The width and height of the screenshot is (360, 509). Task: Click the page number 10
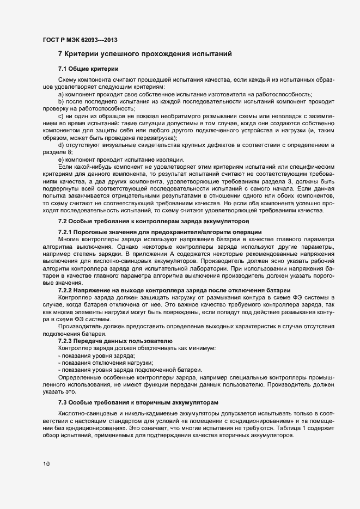[46, 464]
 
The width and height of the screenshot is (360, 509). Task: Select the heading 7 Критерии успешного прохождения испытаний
[145, 54]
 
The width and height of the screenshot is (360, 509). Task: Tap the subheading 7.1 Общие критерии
[85, 69]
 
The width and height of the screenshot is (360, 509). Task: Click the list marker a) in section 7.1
[61, 94]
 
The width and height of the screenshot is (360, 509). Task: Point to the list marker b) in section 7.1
[61, 101]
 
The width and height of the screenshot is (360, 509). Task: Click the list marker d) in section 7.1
[61, 144]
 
